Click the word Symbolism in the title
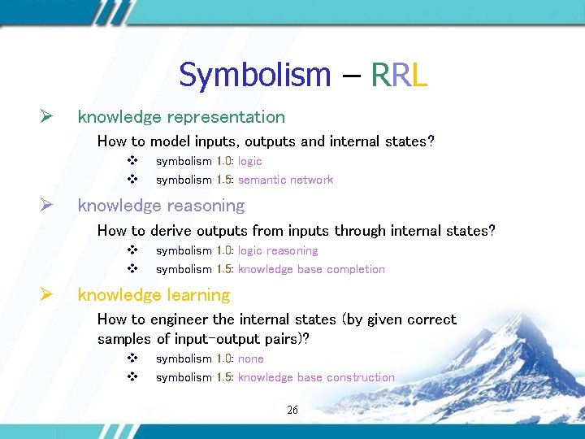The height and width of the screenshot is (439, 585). tap(254, 76)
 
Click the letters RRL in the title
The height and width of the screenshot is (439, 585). tap(399, 76)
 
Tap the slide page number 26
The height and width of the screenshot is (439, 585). tap(292, 411)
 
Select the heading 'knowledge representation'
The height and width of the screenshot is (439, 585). tap(181, 117)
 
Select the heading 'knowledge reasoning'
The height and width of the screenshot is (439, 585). tap(161, 206)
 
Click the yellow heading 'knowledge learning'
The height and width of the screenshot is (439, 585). tap(154, 295)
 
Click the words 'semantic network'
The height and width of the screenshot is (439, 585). tap(285, 180)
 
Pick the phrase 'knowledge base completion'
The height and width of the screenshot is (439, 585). tap(311, 269)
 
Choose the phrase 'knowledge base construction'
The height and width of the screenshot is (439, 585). tap(316, 377)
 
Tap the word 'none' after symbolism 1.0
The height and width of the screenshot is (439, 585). tap(250, 359)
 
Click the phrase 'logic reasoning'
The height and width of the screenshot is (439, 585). tap(278, 250)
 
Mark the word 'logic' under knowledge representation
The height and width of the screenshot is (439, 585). tap(249, 161)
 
